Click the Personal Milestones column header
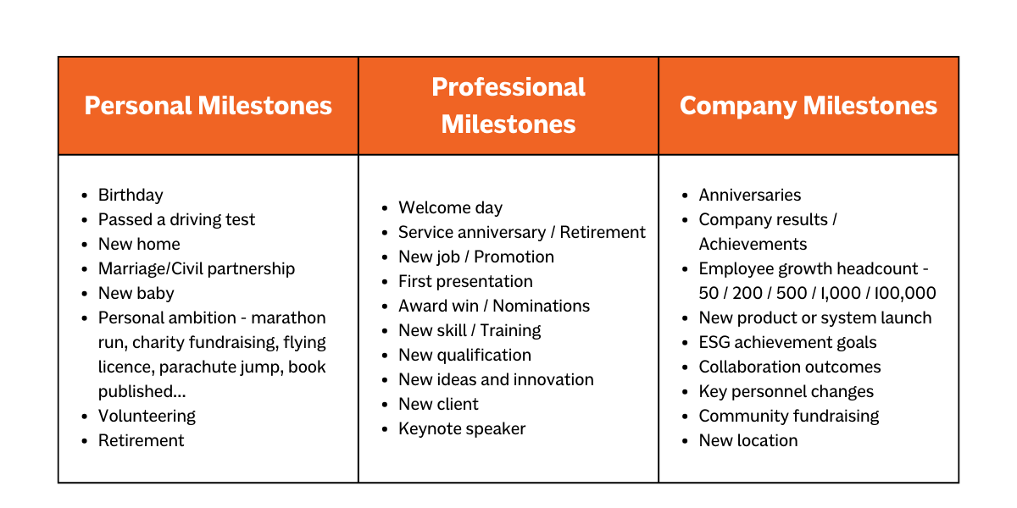[x=208, y=106]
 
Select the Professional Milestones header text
[x=508, y=106]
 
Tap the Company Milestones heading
[x=809, y=107]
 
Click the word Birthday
[x=131, y=195]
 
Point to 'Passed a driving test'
[x=176, y=219]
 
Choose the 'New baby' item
[x=136, y=294]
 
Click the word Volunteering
[x=147, y=416]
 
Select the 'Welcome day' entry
[x=450, y=207]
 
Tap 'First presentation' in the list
[x=465, y=281]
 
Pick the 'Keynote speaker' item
[x=462, y=428]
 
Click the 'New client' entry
[x=438, y=404]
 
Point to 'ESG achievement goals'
[x=787, y=342]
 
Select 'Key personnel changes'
[x=786, y=391]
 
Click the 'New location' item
[x=748, y=440]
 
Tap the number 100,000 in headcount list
[x=905, y=294]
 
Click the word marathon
[x=288, y=318]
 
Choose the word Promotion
[x=514, y=257]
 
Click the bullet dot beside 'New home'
[x=85, y=245]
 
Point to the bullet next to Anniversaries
[x=685, y=196]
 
